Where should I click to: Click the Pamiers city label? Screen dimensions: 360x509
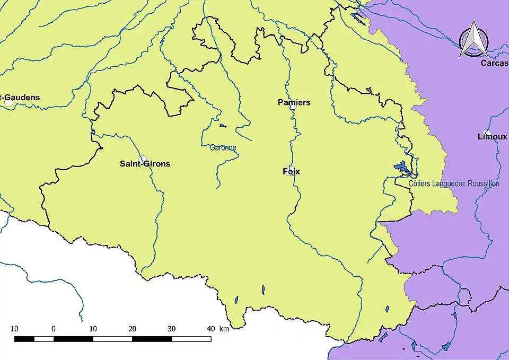click(x=294, y=102)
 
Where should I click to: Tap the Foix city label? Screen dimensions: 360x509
click(x=291, y=172)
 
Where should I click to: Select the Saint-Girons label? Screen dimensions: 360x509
click(x=145, y=164)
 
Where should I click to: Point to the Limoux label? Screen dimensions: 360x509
click(x=492, y=137)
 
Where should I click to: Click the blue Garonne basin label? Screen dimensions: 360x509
click(x=223, y=148)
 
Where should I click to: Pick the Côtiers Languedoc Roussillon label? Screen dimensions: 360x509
click(x=454, y=183)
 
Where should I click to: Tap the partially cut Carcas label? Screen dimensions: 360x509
click(x=494, y=63)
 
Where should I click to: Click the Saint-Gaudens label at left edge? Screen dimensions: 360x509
click(x=20, y=98)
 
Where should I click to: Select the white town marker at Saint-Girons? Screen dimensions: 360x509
click(x=142, y=159)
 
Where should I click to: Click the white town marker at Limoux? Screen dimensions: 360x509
click(x=487, y=133)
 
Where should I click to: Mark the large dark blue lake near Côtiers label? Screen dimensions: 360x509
click(x=402, y=168)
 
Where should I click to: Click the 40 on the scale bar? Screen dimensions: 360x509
click(x=210, y=329)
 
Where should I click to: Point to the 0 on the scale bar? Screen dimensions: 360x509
click(x=54, y=329)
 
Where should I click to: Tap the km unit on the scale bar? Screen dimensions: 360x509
click(x=224, y=329)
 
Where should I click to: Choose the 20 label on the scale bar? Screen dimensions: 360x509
click(x=132, y=329)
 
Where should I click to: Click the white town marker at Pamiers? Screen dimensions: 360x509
click(x=292, y=107)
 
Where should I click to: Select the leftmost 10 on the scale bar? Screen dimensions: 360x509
click(x=14, y=329)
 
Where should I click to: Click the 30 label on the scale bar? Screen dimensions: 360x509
click(x=171, y=329)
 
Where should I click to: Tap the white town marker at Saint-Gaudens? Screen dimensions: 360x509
click(x=9, y=103)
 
